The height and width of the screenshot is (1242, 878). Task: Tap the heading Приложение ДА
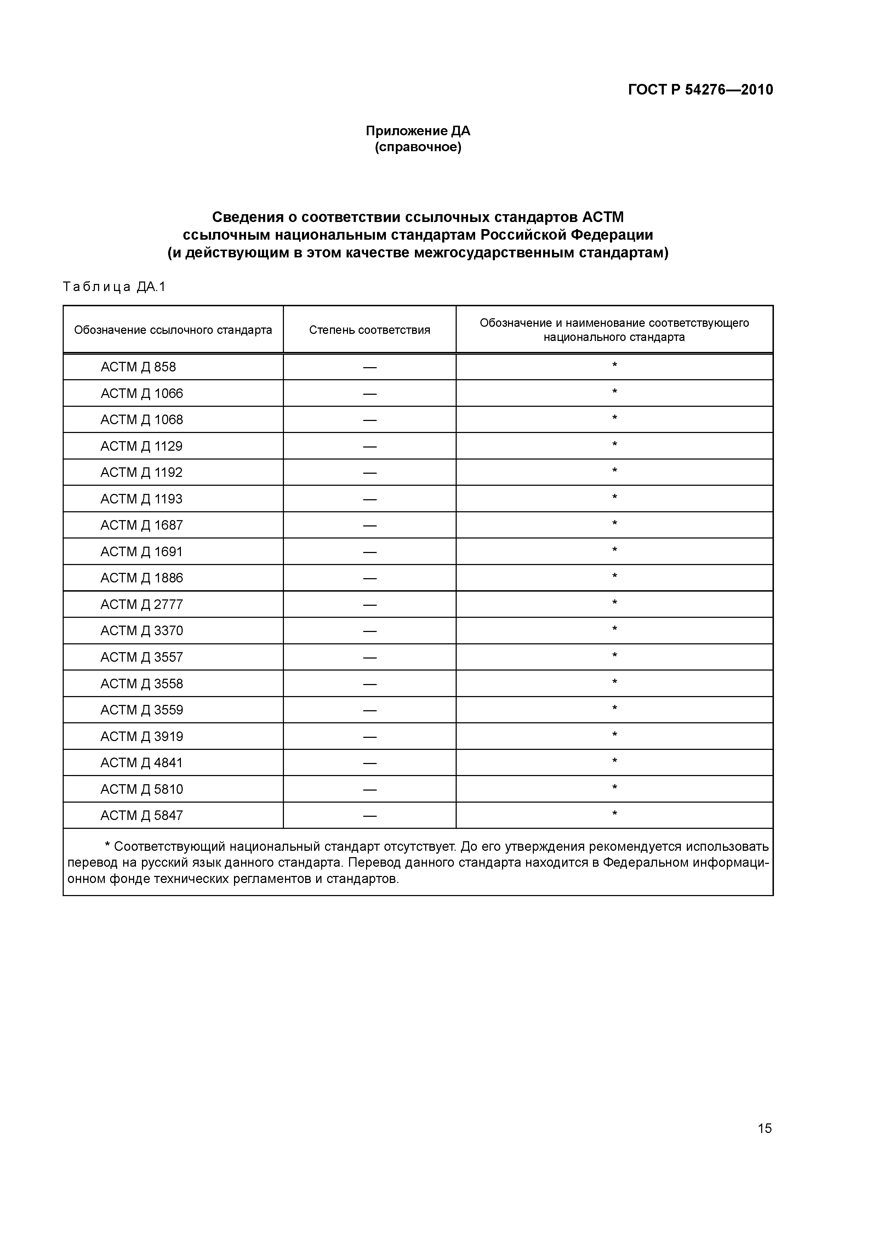[x=418, y=131]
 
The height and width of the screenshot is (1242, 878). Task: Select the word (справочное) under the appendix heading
[x=418, y=147]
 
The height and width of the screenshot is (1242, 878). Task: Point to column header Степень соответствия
[x=370, y=330]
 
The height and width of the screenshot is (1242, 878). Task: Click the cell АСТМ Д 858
[x=138, y=367]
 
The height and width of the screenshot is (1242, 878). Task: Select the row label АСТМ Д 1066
[x=141, y=393]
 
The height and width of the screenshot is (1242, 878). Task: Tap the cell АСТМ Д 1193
[x=141, y=499]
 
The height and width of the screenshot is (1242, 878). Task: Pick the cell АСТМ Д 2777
[x=141, y=604]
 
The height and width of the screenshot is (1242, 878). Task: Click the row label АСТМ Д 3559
[x=141, y=710]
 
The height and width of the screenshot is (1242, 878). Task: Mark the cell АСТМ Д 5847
[x=141, y=815]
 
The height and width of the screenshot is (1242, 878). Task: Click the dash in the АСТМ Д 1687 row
[x=370, y=525]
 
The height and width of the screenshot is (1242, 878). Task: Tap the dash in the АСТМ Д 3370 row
[x=370, y=631]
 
